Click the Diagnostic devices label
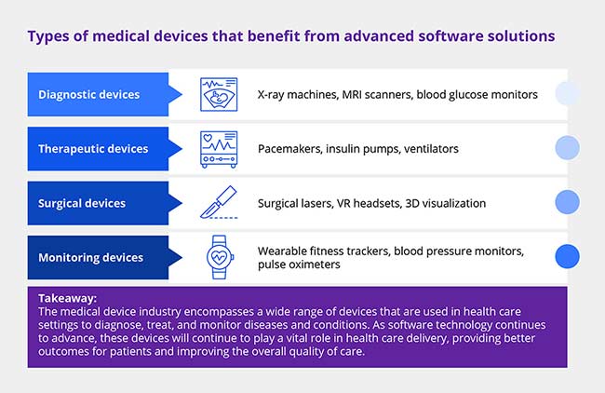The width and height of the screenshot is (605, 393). pyautogui.click(x=89, y=94)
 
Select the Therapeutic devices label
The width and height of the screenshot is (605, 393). pyautogui.click(x=93, y=148)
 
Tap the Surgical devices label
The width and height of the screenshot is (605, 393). pyautogui.click(x=83, y=202)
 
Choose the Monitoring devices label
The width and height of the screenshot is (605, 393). pyautogui.click(x=90, y=257)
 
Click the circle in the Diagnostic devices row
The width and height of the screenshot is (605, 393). pyautogui.click(x=567, y=93)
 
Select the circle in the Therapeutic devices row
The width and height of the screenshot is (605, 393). pyautogui.click(x=567, y=147)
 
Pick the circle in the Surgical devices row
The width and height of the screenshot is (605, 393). pyautogui.click(x=567, y=202)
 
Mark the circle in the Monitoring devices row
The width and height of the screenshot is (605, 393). pyautogui.click(x=567, y=256)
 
